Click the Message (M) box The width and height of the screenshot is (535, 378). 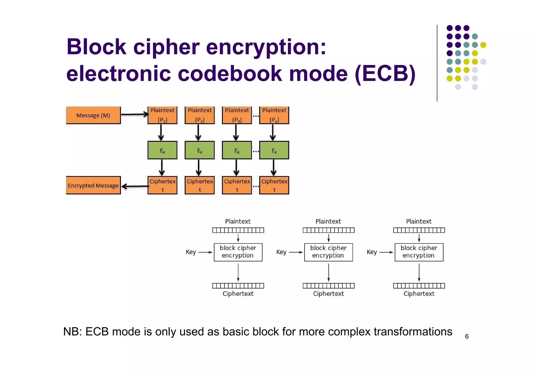point(93,115)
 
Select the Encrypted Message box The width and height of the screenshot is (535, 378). point(93,185)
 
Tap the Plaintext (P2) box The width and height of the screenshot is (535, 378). point(200,115)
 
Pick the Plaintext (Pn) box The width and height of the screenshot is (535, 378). point(274,115)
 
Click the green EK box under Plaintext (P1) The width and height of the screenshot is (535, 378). point(162,150)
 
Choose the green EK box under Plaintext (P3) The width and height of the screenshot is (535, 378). point(237,150)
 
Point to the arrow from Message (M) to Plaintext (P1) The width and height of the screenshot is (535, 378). point(134,114)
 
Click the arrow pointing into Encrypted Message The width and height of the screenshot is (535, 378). point(135,186)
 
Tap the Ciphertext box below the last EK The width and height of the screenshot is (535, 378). point(274,185)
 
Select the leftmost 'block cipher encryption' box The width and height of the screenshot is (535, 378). point(238,252)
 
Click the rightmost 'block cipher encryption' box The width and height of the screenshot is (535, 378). point(419,252)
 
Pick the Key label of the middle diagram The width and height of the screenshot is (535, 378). point(281,252)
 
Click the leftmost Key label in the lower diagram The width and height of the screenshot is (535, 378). point(191,252)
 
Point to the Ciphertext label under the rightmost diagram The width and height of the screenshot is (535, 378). point(419,294)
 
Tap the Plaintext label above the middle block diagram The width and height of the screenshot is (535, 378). point(328,222)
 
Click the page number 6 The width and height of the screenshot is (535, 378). point(467,336)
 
